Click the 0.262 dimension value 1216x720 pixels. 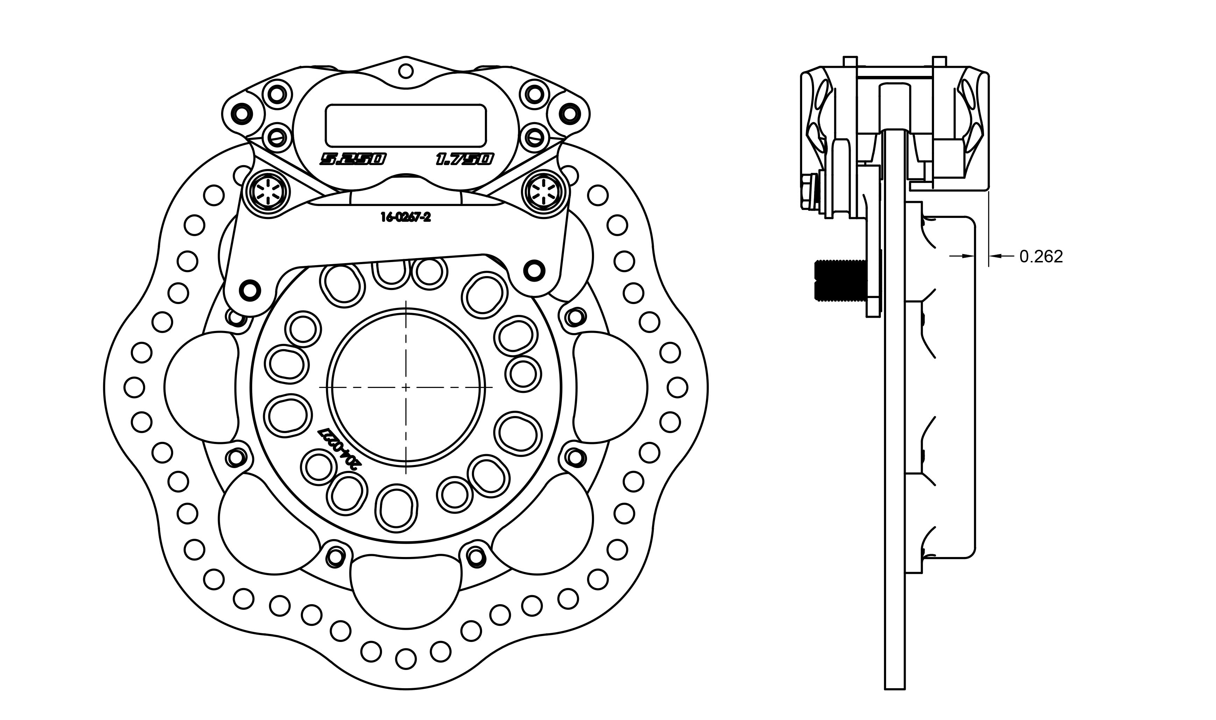[1041, 257]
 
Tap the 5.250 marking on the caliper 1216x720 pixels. [353, 159]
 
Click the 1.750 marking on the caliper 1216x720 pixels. [464, 159]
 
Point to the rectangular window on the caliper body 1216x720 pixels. [405, 125]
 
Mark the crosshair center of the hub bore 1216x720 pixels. [406, 388]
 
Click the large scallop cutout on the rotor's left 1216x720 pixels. [201, 388]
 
